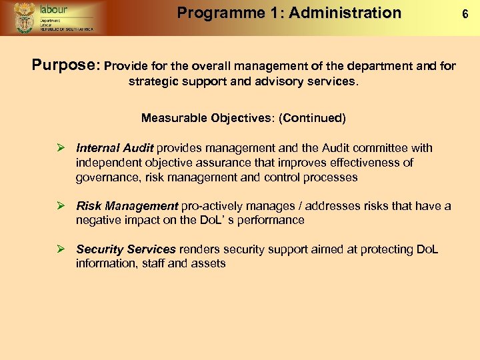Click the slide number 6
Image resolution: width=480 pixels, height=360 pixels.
[x=467, y=13]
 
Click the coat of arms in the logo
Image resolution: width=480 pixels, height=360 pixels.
[x=25, y=17]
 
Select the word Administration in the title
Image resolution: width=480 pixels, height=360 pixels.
[x=345, y=13]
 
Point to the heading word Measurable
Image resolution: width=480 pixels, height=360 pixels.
[x=174, y=118]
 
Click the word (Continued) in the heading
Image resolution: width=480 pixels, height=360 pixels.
[x=313, y=118]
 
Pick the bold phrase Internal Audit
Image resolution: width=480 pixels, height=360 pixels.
[x=115, y=148]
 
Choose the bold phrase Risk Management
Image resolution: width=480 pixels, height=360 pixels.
[x=127, y=206]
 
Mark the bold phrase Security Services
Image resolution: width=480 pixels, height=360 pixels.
[x=126, y=249]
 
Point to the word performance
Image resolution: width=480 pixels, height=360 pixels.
[x=271, y=220]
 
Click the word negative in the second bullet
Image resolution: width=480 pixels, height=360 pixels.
[x=97, y=220]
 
